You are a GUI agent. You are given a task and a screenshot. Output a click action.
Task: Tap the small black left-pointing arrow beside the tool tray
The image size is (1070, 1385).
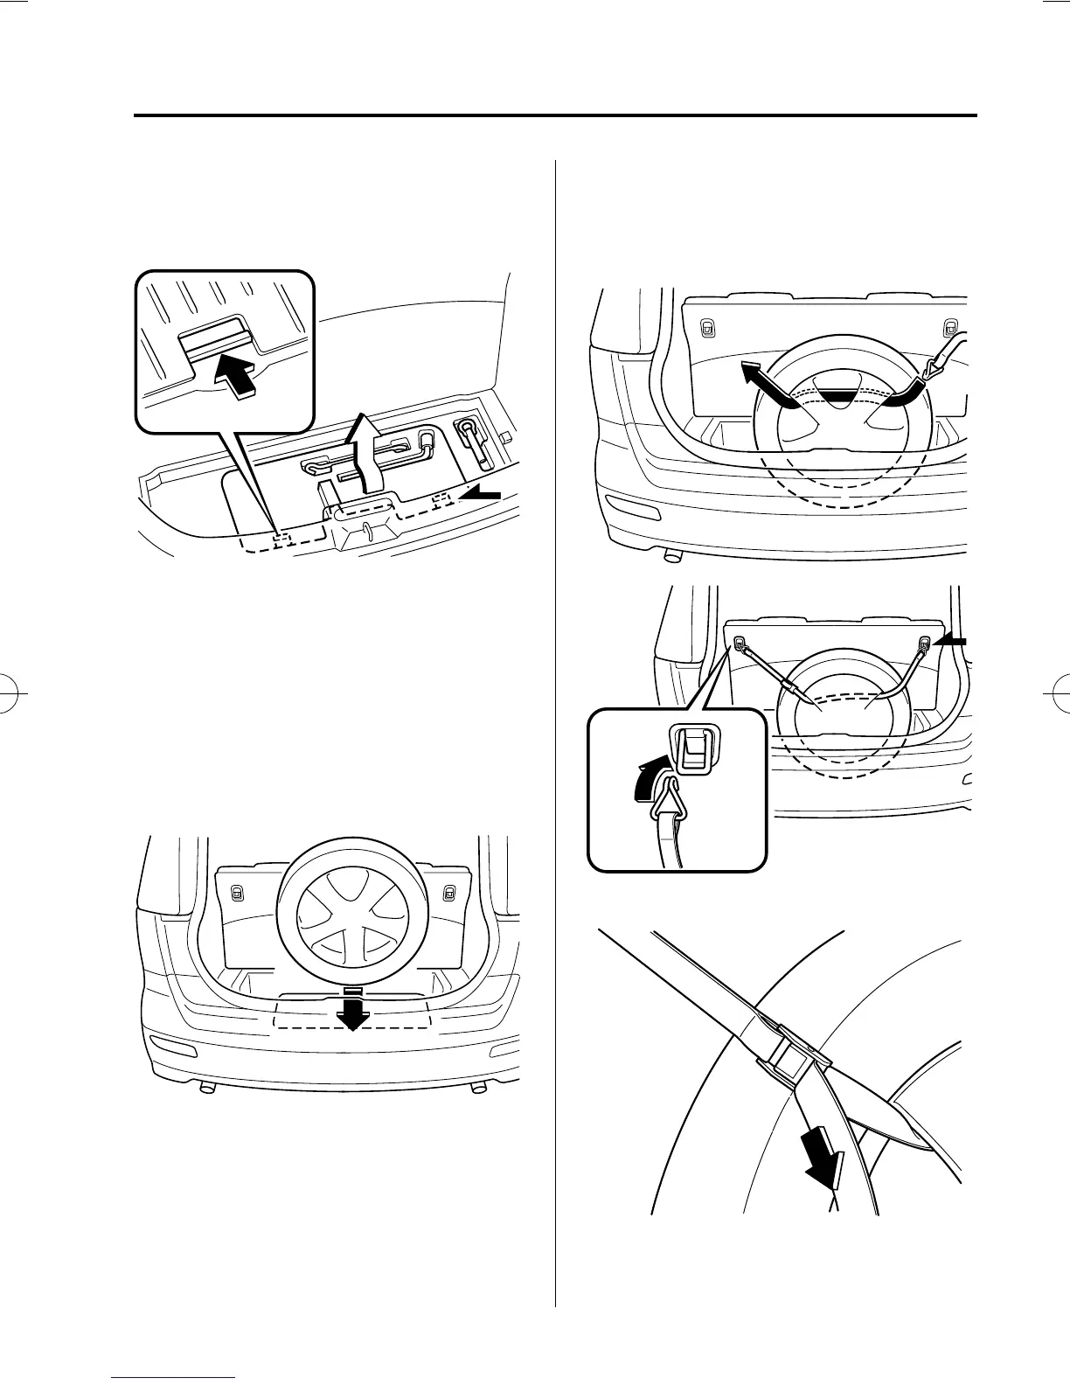(x=482, y=495)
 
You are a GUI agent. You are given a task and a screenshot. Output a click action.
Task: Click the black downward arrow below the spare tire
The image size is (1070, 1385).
(x=352, y=1011)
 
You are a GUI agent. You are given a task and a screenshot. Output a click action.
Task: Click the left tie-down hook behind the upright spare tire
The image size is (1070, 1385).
(x=236, y=893)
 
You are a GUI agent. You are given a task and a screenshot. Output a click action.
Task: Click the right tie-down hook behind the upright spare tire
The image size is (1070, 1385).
(x=449, y=893)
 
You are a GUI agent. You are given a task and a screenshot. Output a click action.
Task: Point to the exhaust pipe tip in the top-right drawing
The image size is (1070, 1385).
(x=671, y=554)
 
